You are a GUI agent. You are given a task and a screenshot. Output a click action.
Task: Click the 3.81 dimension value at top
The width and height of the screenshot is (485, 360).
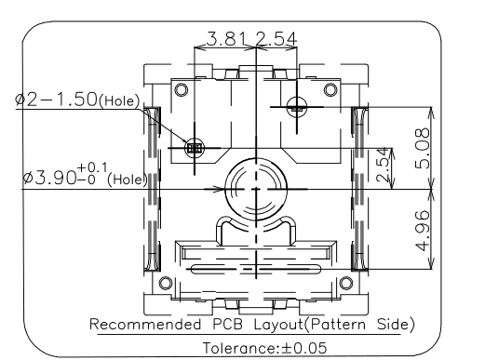coord(226,39)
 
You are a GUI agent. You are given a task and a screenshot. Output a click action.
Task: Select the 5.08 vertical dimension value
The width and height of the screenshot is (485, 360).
coord(423,149)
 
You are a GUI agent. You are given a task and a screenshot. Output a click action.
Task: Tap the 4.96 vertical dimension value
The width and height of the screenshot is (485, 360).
coord(423,231)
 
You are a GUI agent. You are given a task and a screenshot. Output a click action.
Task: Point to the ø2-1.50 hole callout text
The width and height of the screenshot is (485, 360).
coord(77,100)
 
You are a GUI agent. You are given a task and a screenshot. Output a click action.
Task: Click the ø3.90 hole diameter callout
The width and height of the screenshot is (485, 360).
coord(85,178)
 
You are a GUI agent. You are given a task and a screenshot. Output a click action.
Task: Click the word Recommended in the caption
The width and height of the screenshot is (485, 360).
coord(145,325)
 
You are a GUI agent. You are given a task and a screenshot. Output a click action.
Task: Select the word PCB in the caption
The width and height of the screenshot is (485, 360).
coord(227,325)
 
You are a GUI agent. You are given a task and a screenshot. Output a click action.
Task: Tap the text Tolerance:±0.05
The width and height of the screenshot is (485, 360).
coord(264,348)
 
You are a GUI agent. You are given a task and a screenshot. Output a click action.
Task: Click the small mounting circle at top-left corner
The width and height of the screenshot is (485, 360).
coord(182,90)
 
